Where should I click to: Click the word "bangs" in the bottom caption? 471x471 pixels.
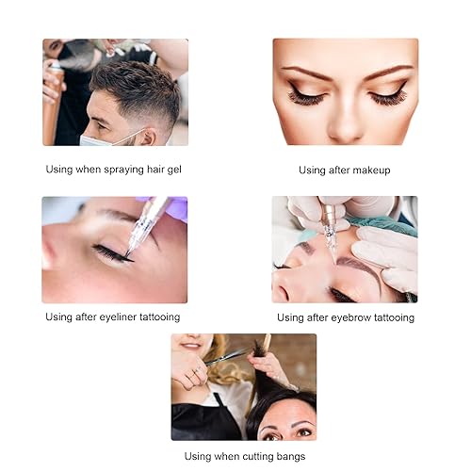(286, 457)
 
